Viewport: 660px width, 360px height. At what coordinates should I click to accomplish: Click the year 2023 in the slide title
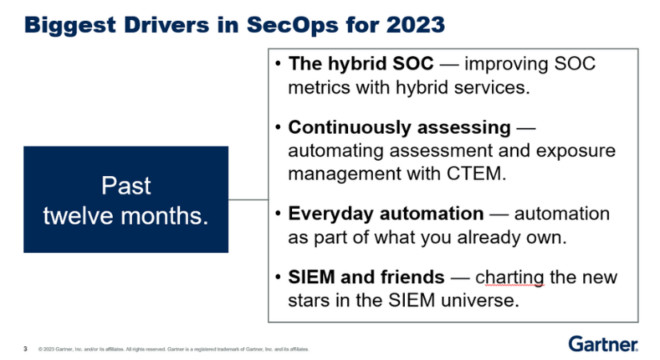click(x=415, y=25)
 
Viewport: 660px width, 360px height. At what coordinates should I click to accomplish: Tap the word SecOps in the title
click(x=292, y=26)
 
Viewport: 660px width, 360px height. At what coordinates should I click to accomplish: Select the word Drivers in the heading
click(x=166, y=25)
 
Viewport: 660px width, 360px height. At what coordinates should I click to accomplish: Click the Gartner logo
click(x=603, y=343)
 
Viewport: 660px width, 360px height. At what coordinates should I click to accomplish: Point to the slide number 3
click(x=26, y=349)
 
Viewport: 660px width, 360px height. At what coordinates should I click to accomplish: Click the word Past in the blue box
click(x=126, y=186)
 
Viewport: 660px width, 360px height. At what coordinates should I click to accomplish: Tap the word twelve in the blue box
click(x=78, y=215)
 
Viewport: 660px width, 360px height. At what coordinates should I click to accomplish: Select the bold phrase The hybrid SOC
click(x=361, y=63)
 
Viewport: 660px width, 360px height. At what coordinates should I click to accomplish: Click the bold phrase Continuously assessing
click(x=399, y=127)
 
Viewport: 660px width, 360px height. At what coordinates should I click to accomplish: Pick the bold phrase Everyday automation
click(x=386, y=214)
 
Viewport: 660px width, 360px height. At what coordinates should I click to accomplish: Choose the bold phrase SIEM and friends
click(x=366, y=277)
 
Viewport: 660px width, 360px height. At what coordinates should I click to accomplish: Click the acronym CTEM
click(x=476, y=174)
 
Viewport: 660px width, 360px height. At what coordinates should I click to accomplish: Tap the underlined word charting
click(x=510, y=278)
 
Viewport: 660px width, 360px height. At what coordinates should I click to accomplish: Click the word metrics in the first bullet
click(x=319, y=87)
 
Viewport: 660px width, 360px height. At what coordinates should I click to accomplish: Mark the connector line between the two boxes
click(x=248, y=199)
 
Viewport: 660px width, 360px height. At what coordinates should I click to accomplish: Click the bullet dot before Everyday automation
click(x=278, y=214)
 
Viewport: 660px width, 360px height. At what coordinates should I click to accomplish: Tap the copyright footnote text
click(x=174, y=349)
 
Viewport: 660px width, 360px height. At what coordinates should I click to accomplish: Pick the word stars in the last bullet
click(x=309, y=301)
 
